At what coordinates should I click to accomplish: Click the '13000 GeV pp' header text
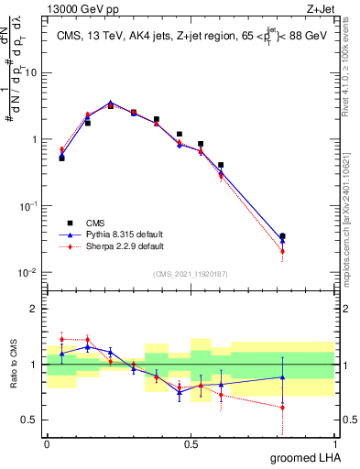[x=75, y=7]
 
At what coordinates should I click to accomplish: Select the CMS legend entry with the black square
[x=95, y=223]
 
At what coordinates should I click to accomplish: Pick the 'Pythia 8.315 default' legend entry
[x=121, y=234]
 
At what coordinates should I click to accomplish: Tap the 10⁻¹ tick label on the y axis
[x=29, y=206]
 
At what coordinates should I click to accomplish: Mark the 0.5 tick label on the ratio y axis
[x=32, y=420]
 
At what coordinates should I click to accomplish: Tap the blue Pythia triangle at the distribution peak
[x=111, y=103]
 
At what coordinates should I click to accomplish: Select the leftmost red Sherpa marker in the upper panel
[x=61, y=150]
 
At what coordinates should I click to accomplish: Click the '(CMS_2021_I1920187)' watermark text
[x=191, y=274]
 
